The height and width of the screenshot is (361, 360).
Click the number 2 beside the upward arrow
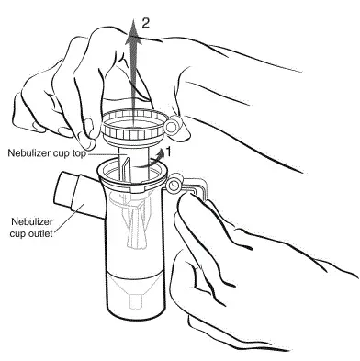pyautogui.click(x=145, y=23)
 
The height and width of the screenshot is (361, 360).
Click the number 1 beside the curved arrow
pyautogui.click(x=167, y=152)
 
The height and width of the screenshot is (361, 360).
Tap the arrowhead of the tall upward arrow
pyautogui.click(x=133, y=29)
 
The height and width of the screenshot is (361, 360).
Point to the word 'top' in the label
pyautogui.click(x=79, y=153)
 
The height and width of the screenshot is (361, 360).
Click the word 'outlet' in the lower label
pyautogui.click(x=40, y=233)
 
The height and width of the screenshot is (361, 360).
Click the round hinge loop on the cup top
pyautogui.click(x=174, y=126)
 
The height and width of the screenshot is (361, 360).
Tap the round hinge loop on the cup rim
pyautogui.click(x=174, y=185)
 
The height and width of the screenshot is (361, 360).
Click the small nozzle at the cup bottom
pyautogui.click(x=136, y=301)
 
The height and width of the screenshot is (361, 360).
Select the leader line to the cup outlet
pyautogui.click(x=69, y=218)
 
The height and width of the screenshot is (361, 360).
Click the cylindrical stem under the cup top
pyautogui.click(x=135, y=163)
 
